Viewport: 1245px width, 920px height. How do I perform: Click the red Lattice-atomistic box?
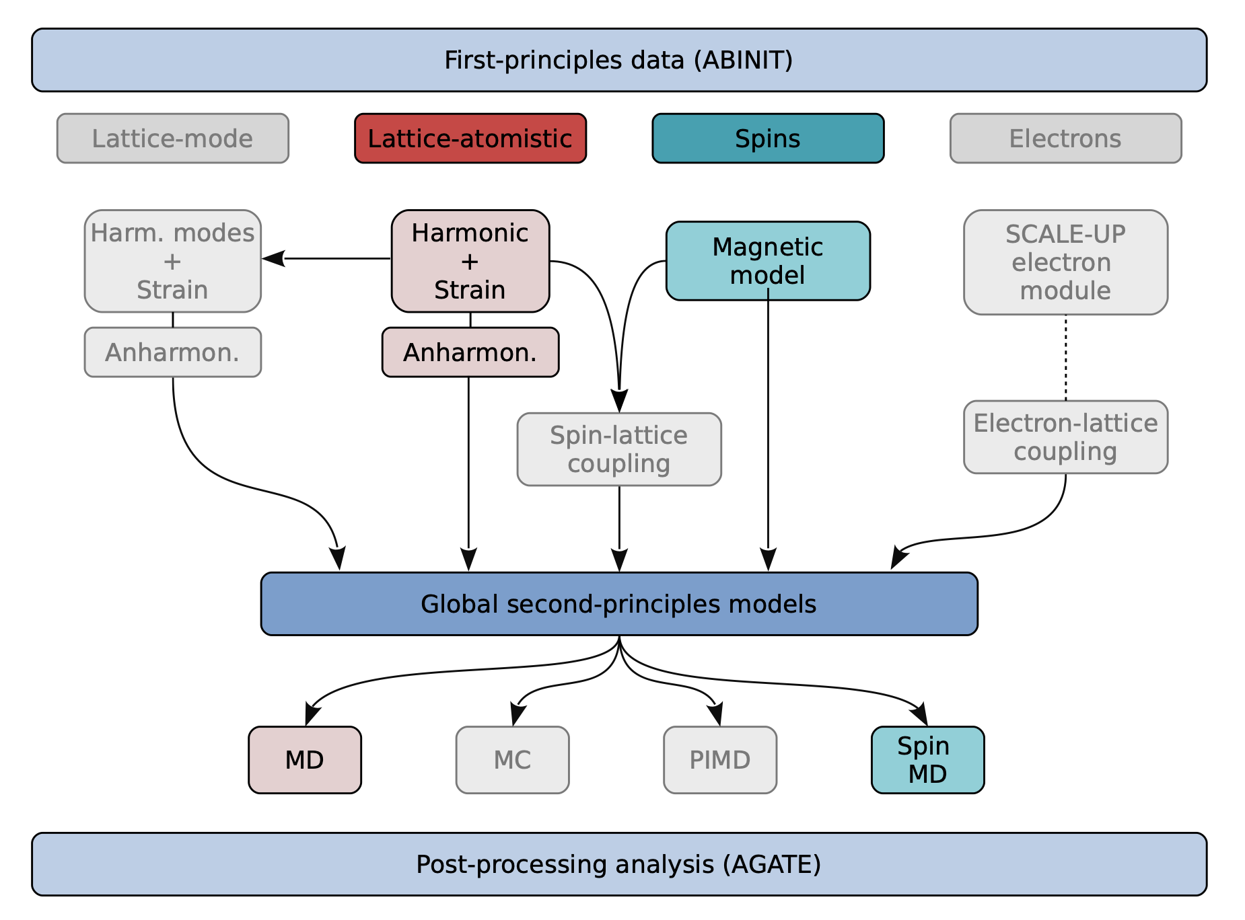pyautogui.click(x=470, y=139)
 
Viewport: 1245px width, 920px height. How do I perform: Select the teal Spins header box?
pyautogui.click(x=768, y=139)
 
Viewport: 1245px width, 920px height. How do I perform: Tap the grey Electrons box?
pyautogui.click(x=1065, y=139)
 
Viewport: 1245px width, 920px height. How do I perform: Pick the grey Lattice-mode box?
pyautogui.click(x=173, y=139)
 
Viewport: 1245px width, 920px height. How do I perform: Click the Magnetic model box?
pyautogui.click(x=768, y=261)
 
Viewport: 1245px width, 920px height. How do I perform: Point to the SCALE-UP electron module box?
pyautogui.click(x=1065, y=262)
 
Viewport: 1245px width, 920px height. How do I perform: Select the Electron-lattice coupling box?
pyautogui.click(x=1065, y=437)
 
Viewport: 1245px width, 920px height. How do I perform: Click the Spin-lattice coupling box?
pyautogui.click(x=619, y=449)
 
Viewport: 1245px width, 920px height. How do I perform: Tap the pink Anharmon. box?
pyautogui.click(x=470, y=352)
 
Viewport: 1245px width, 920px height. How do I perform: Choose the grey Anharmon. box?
pyautogui.click(x=173, y=352)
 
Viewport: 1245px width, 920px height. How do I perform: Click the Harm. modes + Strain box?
pyautogui.click(x=173, y=261)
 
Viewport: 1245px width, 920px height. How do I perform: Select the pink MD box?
pyautogui.click(x=305, y=760)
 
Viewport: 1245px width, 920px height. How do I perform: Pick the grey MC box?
pyautogui.click(x=512, y=760)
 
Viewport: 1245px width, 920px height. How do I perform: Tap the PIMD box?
pyautogui.click(x=720, y=760)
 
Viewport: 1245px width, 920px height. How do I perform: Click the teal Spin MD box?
pyautogui.click(x=927, y=760)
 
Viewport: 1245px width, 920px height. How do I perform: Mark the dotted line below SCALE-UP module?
pyautogui.click(x=1066, y=358)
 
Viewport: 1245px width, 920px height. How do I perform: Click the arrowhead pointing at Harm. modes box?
pyautogui.click(x=273, y=258)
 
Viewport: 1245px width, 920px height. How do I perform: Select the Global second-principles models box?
pyautogui.click(x=619, y=604)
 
